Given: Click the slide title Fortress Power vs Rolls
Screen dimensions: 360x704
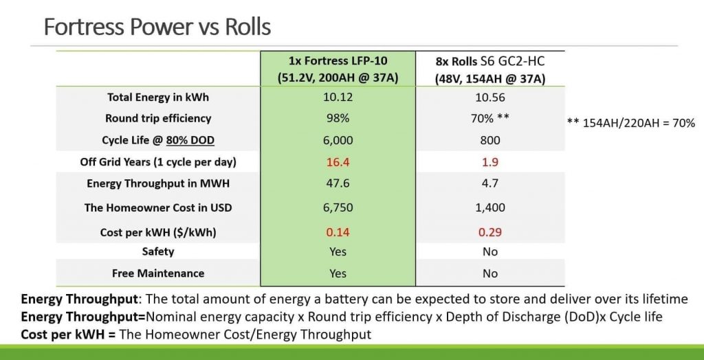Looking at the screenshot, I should pos(157,27).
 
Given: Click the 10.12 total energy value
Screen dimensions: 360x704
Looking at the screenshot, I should pos(338,98).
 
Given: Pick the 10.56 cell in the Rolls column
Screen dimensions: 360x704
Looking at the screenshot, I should pos(490,98).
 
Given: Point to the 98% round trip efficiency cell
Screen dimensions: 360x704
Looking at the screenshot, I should pos(338,118).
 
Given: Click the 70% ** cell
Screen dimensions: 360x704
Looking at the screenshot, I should pos(490,118).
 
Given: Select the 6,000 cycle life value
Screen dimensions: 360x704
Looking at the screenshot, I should pos(338,140).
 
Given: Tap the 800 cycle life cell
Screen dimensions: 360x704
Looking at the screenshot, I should pos(490,140).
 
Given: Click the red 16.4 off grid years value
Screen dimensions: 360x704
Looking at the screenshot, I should pos(338,162).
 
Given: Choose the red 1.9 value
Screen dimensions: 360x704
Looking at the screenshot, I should pos(490,162).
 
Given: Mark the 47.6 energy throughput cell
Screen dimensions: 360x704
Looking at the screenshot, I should pos(338,183).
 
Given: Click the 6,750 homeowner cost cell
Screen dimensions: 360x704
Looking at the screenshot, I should pos(338,207).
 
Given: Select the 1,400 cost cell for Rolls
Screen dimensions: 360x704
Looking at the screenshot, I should pos(490,207).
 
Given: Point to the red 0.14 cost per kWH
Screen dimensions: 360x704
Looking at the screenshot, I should pos(338,232).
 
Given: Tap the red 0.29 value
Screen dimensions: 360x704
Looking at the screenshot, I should pos(490,232).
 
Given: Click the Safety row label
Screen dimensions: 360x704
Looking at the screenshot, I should pos(157,251).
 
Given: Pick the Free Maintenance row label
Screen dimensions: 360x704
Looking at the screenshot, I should pos(157,273).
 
